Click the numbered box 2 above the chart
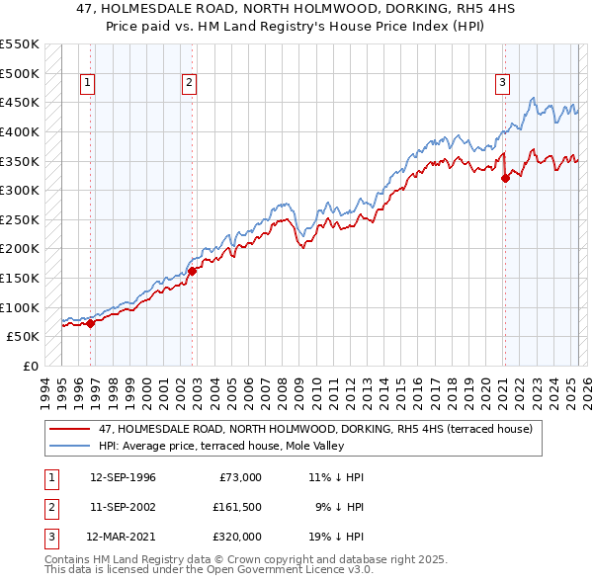[x=189, y=84]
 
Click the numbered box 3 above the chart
[x=503, y=84]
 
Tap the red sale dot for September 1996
[x=90, y=322]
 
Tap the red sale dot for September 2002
[x=193, y=271]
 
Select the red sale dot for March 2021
[x=505, y=178]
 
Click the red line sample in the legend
[x=70, y=429]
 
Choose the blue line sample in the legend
[x=70, y=446]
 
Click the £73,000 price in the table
[x=238, y=477]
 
